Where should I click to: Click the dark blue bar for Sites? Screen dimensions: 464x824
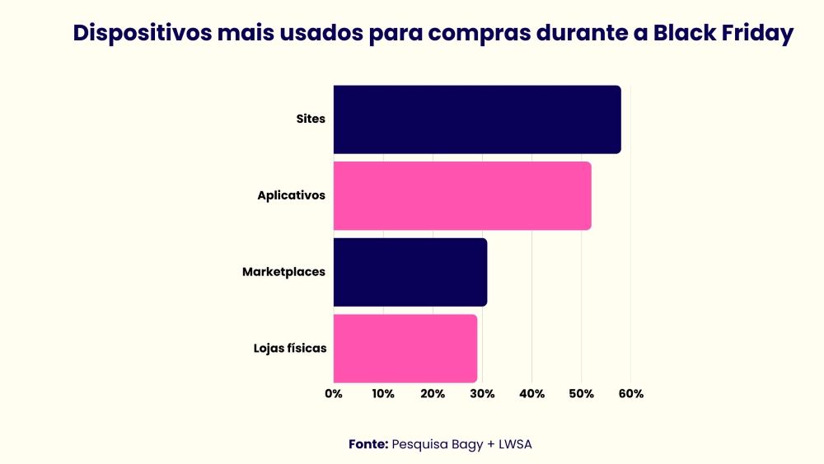tap(476, 119)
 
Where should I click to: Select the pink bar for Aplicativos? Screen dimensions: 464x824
tap(461, 195)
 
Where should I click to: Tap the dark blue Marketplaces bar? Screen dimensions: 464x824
tap(410, 272)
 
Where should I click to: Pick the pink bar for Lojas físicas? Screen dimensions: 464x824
tap(405, 348)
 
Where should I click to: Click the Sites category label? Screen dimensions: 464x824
tap(311, 119)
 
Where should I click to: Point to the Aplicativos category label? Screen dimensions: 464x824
tap(291, 195)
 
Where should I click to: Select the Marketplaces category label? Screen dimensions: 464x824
tap(283, 272)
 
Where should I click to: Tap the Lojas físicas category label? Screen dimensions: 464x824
tap(289, 348)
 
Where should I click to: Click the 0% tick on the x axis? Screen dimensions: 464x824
tap(334, 394)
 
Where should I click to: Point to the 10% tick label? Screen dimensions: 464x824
tap(383, 394)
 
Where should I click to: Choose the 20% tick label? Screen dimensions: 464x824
tap(433, 394)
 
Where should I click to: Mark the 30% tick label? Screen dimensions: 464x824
tap(482, 394)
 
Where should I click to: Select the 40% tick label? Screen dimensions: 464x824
tap(531, 394)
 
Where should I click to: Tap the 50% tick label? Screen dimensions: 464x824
tap(581, 394)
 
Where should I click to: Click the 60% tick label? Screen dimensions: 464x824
tap(630, 394)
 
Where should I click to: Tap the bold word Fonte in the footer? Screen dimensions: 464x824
tap(368, 443)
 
